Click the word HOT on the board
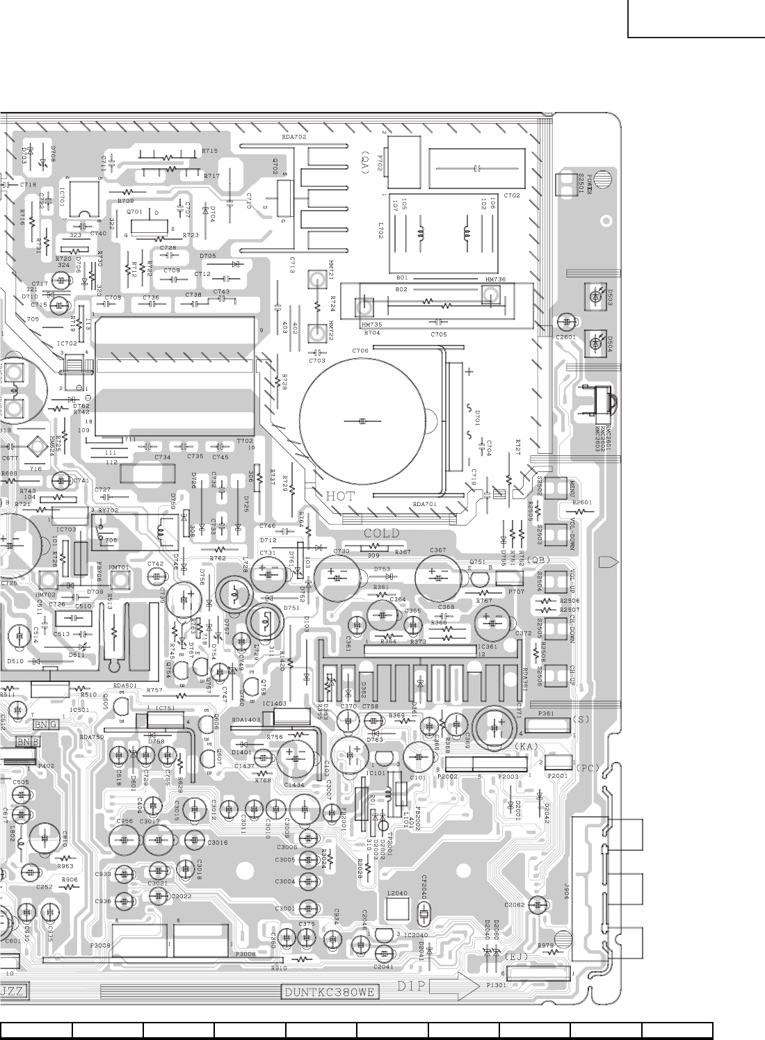tap(340, 496)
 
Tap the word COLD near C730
tap(382, 533)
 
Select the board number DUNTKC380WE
tap(330, 992)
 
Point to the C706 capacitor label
tap(360, 350)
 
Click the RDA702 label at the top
tap(294, 137)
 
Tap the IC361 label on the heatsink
tap(488, 647)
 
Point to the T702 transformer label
tap(245, 441)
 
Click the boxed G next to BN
tap(54, 724)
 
